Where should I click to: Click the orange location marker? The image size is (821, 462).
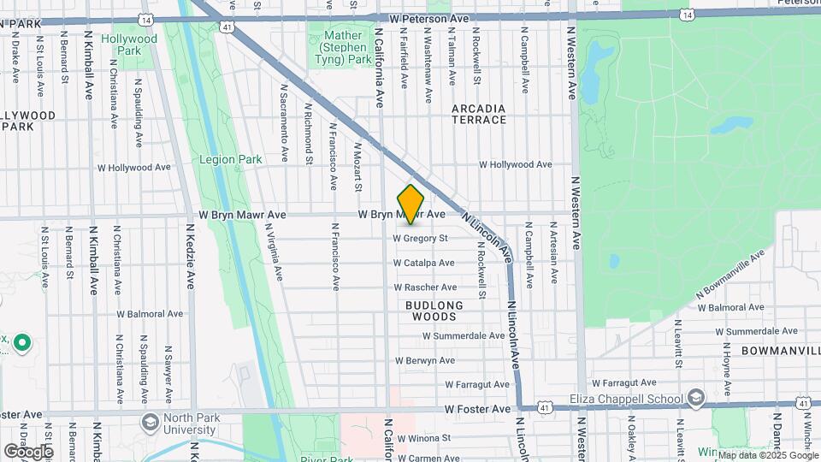(x=411, y=204)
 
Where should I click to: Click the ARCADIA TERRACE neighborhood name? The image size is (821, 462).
(x=479, y=114)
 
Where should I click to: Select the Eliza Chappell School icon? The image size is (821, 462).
(x=696, y=399)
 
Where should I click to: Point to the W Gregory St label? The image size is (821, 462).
(x=420, y=239)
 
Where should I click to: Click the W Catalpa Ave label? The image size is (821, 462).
(x=423, y=264)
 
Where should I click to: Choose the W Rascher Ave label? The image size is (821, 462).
(x=424, y=287)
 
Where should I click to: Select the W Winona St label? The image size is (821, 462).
(x=420, y=437)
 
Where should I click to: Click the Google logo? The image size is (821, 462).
(x=28, y=451)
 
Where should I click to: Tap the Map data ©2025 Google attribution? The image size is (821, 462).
(x=767, y=455)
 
